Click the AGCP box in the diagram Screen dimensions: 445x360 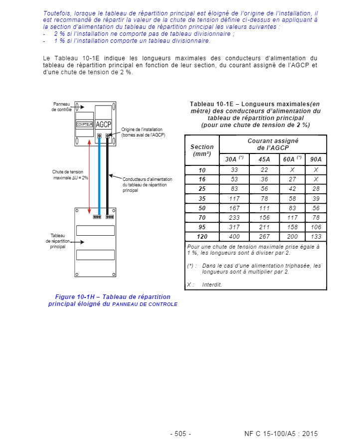pyautogui.click(x=103, y=124)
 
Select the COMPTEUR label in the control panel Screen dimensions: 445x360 pyautogui.click(x=85, y=124)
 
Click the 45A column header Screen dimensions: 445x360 pyautogui.click(x=264, y=159)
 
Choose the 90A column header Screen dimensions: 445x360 pyautogui.click(x=316, y=159)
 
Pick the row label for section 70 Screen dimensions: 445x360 pyautogui.click(x=202, y=218)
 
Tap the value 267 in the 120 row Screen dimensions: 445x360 pyautogui.click(x=264, y=237)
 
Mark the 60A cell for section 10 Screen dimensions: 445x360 pyautogui.click(x=292, y=170)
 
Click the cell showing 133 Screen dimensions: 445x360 pyautogui.click(x=316, y=237)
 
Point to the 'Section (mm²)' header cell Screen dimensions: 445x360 pyautogui.click(x=202, y=150)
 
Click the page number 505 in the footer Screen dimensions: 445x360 pyautogui.click(x=180, y=434)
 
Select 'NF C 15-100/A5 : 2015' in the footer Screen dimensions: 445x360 pyautogui.click(x=281, y=434)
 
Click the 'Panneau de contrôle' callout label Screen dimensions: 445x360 pyautogui.click(x=62, y=107)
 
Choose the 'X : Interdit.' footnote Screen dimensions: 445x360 pyautogui.click(x=204, y=285)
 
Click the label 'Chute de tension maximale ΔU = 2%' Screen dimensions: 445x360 pyautogui.click(x=70, y=174)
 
